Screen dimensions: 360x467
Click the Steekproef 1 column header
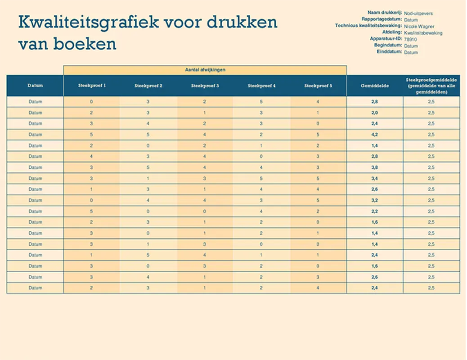[x=92, y=85]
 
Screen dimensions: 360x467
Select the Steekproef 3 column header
[x=205, y=85]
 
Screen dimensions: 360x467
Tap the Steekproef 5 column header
[x=318, y=85]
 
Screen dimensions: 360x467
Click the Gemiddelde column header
[x=375, y=85]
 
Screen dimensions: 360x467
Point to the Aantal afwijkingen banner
[x=205, y=70]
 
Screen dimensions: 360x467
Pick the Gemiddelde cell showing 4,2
[x=375, y=134]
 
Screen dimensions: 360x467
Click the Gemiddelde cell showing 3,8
[x=375, y=167]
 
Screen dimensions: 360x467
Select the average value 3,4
[x=375, y=178]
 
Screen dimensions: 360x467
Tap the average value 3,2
[x=375, y=200]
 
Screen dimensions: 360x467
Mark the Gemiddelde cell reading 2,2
[x=375, y=211]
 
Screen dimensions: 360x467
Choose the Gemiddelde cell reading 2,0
[x=375, y=112]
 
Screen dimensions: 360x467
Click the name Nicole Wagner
[x=419, y=27]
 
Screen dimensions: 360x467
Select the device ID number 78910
[x=410, y=40]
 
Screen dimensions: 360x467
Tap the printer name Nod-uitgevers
[x=418, y=13]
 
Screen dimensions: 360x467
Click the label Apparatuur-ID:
[x=386, y=39]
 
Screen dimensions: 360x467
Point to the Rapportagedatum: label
[x=382, y=19]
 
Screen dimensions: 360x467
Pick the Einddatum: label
[x=389, y=52]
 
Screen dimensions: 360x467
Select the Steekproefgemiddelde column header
[x=431, y=85]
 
